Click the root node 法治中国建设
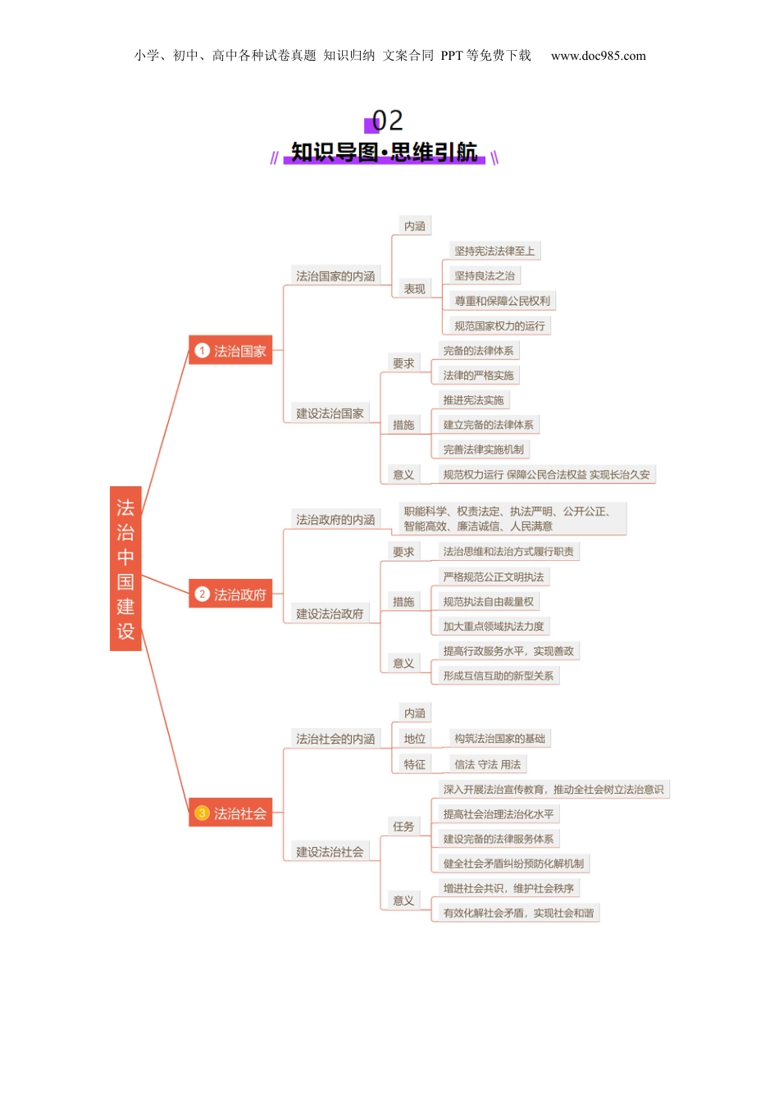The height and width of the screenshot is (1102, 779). tap(125, 568)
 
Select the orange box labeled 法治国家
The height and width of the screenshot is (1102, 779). tap(230, 351)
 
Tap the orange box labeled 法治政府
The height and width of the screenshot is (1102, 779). tap(230, 594)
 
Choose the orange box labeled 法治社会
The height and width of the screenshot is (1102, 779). tap(230, 813)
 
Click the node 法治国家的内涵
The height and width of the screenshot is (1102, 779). tap(335, 276)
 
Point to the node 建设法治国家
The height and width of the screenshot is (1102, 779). tap(330, 413)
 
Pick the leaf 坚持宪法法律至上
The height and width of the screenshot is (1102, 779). tap(494, 251)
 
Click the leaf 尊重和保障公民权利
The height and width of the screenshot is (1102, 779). tap(502, 301)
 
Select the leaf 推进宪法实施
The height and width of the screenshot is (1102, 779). tap(473, 400)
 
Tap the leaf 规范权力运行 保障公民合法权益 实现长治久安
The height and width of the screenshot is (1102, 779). tap(546, 475)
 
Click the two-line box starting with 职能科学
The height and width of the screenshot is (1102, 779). tap(512, 518)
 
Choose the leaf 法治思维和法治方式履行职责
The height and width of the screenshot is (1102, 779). tap(508, 552)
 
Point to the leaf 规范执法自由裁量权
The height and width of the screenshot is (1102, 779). tap(488, 602)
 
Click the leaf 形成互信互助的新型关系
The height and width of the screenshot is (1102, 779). tap(498, 676)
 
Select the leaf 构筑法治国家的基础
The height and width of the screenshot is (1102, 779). tap(499, 739)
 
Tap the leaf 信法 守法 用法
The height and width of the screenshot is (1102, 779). tap(487, 764)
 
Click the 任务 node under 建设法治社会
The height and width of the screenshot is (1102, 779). tap(403, 826)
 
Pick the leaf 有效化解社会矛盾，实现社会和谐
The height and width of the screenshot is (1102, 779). tap(518, 913)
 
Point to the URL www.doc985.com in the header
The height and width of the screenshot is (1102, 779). tap(598, 56)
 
